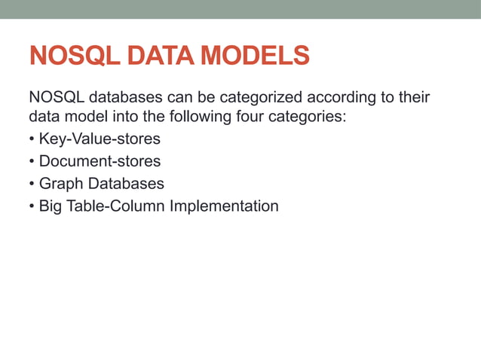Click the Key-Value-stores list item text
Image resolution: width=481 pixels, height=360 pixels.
(x=100, y=140)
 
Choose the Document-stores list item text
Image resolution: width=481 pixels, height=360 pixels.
(x=100, y=161)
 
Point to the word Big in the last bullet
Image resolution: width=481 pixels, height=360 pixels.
(x=51, y=205)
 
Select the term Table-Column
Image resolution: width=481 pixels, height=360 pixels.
(x=116, y=205)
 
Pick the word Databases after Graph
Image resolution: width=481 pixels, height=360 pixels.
(x=126, y=183)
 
